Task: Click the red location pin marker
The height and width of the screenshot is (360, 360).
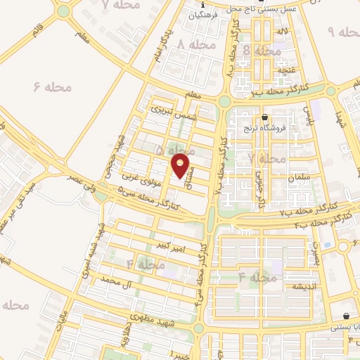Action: click(x=181, y=166)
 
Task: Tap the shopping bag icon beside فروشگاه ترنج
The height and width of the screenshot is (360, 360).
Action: click(x=264, y=117)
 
